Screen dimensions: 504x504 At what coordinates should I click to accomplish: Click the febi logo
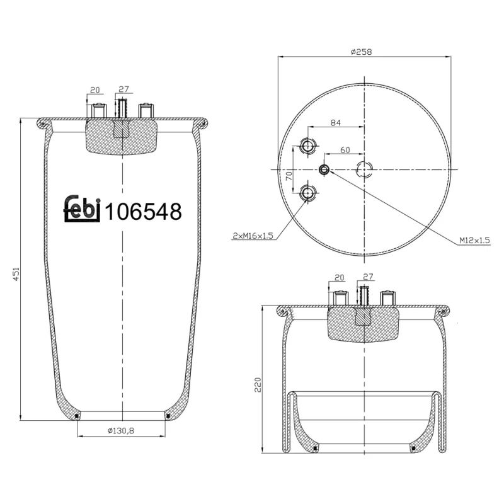(x=82, y=210)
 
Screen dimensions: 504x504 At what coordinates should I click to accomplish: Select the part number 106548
(x=143, y=212)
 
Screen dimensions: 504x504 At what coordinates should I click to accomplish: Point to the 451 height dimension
(x=18, y=274)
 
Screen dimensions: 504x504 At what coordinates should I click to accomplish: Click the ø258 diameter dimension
(x=364, y=52)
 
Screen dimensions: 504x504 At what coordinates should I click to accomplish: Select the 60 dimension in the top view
(x=345, y=150)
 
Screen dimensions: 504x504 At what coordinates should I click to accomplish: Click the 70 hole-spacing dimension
(x=289, y=175)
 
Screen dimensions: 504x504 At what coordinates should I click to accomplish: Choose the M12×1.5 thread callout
(x=474, y=240)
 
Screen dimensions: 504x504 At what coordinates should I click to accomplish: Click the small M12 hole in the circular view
(x=324, y=169)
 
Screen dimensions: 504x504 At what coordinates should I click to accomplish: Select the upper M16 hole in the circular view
(x=308, y=146)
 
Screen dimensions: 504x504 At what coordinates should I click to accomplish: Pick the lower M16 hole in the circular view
(x=308, y=193)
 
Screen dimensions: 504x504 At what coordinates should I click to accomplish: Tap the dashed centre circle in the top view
(x=365, y=169)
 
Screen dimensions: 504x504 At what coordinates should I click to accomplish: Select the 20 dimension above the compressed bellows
(x=339, y=277)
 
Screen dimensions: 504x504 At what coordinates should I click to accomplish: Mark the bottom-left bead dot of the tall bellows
(x=77, y=416)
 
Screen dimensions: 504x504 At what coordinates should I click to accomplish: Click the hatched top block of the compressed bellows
(x=364, y=323)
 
